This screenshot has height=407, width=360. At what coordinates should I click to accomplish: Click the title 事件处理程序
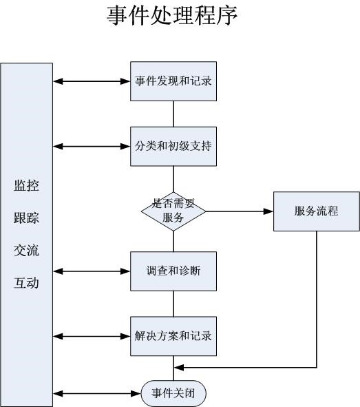(172, 16)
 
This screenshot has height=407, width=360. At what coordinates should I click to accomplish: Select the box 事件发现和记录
(173, 81)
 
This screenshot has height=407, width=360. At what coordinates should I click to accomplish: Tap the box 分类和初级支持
(173, 147)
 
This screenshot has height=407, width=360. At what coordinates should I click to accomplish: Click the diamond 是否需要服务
(173, 211)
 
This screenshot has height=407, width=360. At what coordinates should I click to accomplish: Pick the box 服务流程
(317, 211)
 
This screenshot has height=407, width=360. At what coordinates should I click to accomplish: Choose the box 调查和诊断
(173, 271)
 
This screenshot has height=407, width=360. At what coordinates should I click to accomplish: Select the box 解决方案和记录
(173, 336)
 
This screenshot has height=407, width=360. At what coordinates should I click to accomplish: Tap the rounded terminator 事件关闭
(173, 393)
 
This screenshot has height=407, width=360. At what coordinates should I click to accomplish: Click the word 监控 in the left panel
(26, 185)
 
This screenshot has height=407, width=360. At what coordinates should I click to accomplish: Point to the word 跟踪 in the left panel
(26, 218)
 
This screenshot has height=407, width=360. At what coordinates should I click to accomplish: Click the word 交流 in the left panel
(26, 250)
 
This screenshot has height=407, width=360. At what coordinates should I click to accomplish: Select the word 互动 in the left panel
(26, 282)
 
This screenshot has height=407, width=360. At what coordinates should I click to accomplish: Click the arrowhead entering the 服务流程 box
(268, 211)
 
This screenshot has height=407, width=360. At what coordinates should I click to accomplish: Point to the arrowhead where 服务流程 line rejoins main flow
(179, 368)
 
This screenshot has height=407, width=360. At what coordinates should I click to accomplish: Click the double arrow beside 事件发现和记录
(92, 81)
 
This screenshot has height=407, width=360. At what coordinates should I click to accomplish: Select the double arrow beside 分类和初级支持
(92, 147)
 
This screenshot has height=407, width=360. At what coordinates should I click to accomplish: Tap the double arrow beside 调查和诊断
(92, 271)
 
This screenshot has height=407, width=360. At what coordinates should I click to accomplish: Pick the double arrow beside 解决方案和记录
(92, 336)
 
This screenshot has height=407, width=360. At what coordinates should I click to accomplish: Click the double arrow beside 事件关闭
(97, 393)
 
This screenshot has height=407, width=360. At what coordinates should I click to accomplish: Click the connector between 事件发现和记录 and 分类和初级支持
(173, 114)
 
